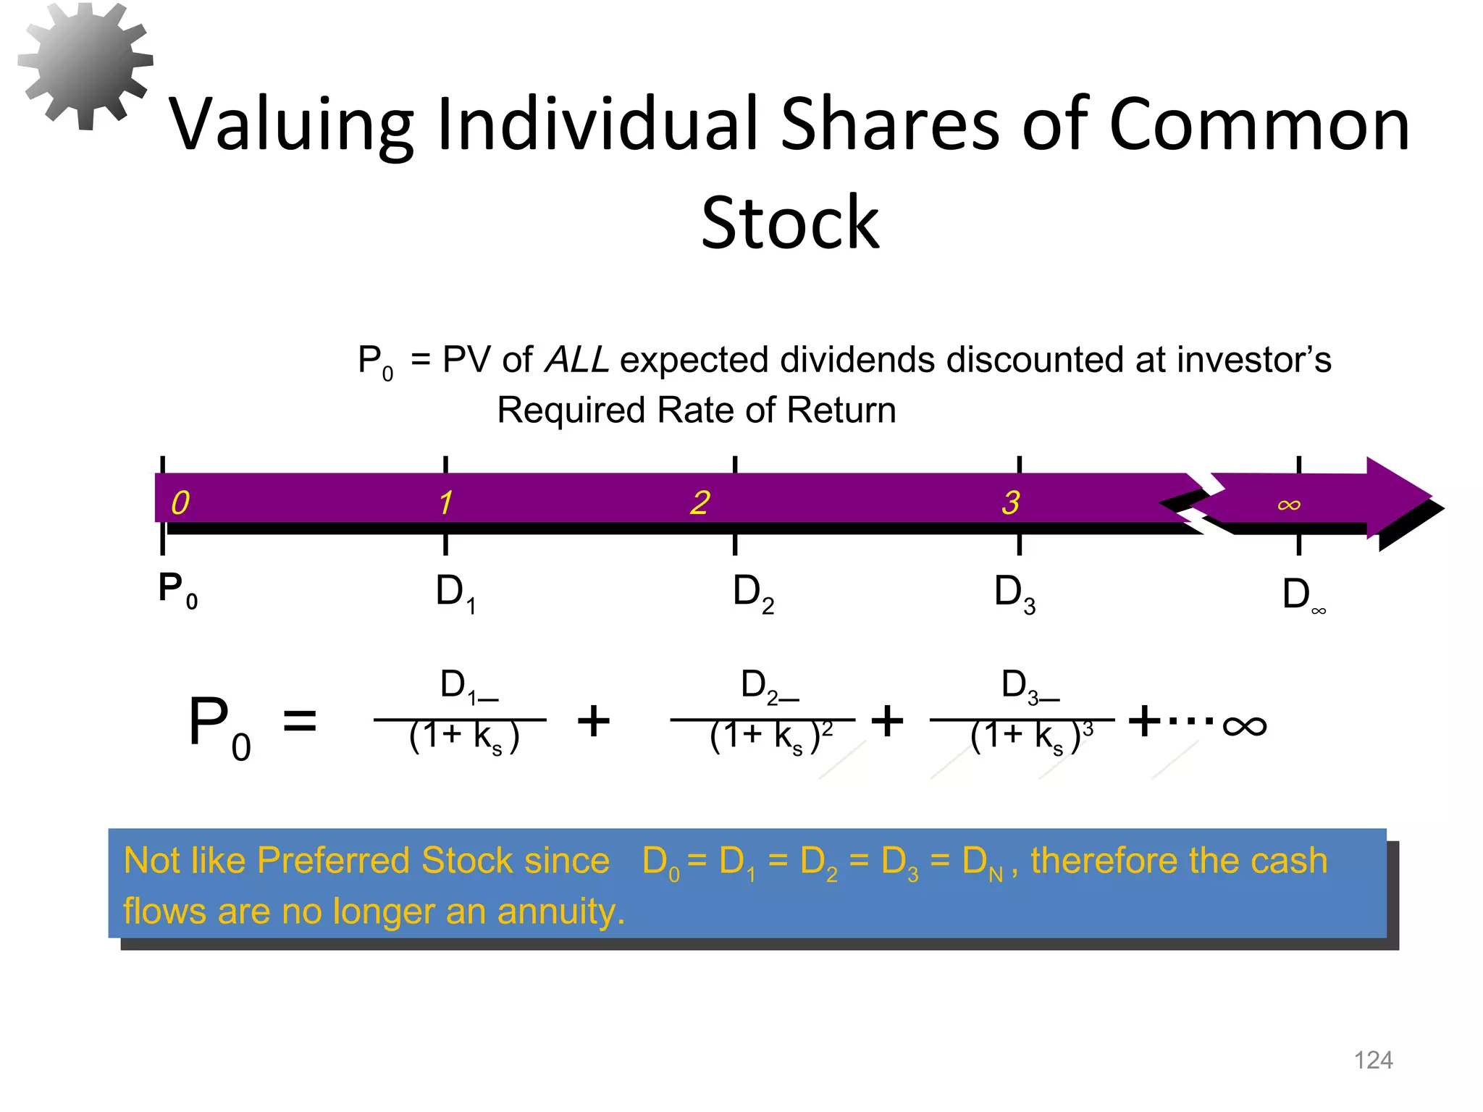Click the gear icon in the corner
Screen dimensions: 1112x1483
85,65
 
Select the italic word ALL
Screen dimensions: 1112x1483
577,360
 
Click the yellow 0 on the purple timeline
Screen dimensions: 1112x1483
180,502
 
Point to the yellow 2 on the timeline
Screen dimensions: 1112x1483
700,502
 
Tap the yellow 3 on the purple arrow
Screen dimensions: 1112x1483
1011,502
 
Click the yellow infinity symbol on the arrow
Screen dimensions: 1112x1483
1289,504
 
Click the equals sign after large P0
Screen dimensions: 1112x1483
299,721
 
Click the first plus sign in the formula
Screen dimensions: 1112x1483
594,721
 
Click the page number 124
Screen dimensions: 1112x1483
1373,1060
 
